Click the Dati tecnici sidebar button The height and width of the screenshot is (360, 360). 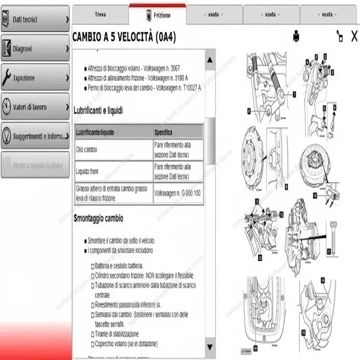(x=35, y=19)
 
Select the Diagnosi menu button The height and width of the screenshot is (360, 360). (x=35, y=49)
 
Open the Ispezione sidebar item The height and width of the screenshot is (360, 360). (x=35, y=78)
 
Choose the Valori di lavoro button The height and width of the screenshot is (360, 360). (x=35, y=107)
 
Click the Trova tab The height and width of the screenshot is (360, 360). (x=100, y=14)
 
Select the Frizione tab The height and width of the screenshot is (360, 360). (x=157, y=15)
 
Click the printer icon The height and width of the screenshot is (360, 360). (x=297, y=36)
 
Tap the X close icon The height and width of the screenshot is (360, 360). (x=354, y=36)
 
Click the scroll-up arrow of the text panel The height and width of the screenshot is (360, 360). (x=209, y=60)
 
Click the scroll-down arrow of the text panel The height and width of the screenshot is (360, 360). (x=209, y=346)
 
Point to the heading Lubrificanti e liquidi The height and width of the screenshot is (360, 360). (x=98, y=110)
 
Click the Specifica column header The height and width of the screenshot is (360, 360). (x=163, y=133)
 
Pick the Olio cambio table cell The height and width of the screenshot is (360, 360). (x=86, y=149)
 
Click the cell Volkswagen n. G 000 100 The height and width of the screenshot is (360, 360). (x=177, y=193)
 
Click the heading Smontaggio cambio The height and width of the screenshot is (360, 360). (x=98, y=218)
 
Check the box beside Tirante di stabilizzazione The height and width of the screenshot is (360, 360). (x=92, y=334)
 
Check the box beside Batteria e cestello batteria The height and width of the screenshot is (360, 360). (x=92, y=266)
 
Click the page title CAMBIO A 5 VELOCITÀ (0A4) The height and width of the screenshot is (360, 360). (x=124, y=37)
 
